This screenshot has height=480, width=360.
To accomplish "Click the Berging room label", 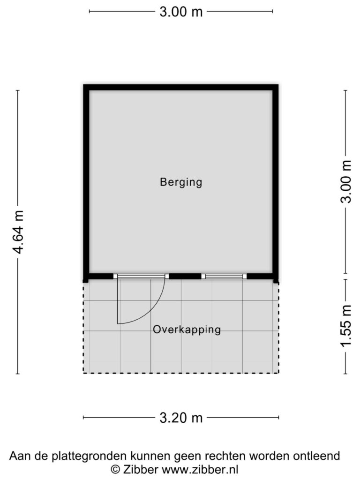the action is (181, 182).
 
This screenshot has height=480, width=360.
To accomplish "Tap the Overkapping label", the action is (187, 330).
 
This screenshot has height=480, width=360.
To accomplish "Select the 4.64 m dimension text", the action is (18, 232).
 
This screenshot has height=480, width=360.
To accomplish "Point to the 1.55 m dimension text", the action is (346, 326).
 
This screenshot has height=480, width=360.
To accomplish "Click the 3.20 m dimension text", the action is (181, 418).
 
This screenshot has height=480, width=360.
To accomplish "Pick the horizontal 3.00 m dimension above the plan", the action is (181, 12).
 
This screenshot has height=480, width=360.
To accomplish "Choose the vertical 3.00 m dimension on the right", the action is (345, 182).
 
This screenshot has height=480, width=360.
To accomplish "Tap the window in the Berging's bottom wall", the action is (224, 277).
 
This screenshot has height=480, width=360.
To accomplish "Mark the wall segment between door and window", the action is (185, 277).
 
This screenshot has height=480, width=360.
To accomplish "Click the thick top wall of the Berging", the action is (181, 87).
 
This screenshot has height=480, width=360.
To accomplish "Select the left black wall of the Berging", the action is (86, 183).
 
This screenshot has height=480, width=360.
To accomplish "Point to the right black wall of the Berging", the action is (276, 183).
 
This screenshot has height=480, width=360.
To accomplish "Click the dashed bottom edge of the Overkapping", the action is (181, 373).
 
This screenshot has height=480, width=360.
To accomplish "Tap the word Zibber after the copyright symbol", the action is (141, 469).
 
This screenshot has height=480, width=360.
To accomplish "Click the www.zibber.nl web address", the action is (200, 469).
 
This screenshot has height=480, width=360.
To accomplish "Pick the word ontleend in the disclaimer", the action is (316, 456).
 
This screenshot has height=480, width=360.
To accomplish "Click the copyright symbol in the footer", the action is (115, 469).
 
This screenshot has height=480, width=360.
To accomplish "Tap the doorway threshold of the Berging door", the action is (141, 277).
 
